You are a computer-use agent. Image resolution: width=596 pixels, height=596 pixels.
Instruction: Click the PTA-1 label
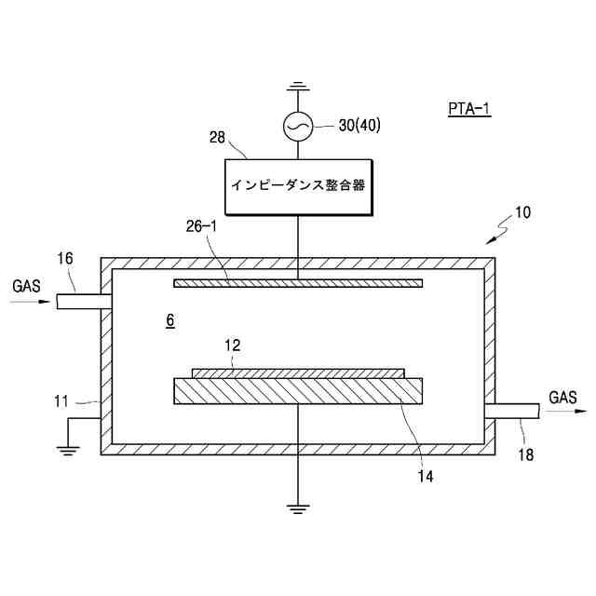click(468, 110)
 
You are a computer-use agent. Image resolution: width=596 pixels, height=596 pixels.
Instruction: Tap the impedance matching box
click(296, 185)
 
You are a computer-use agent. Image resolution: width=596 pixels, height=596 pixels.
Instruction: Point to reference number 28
click(217, 138)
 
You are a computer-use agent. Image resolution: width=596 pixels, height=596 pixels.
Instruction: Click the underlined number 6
click(169, 320)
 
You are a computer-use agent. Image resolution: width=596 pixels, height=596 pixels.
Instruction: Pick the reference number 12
click(233, 345)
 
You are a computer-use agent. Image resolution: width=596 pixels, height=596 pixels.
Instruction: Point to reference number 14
click(426, 476)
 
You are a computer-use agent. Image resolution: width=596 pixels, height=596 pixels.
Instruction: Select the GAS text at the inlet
click(27, 286)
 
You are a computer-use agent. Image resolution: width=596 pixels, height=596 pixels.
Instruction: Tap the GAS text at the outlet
click(562, 398)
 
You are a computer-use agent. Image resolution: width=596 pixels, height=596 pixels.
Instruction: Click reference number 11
click(61, 401)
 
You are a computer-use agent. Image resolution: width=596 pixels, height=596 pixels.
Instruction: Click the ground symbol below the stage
click(297, 508)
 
